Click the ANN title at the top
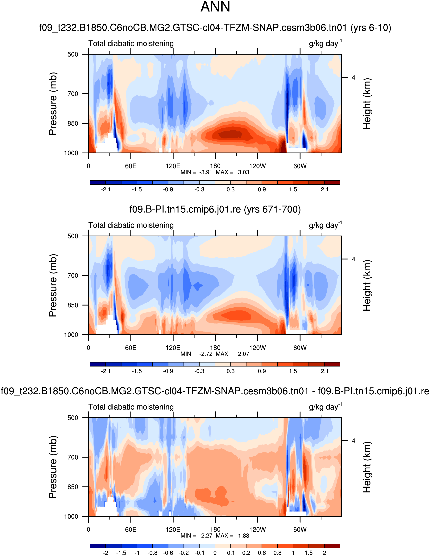click(215, 7)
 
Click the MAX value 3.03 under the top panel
click(243, 172)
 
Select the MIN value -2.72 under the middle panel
click(205, 354)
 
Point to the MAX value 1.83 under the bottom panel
click(243, 536)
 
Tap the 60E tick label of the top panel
click(131, 166)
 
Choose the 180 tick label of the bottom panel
click(215, 529)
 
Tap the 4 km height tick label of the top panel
click(353, 77)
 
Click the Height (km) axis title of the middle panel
click(367, 285)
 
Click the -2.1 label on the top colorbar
click(106, 189)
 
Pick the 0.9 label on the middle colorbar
click(262, 371)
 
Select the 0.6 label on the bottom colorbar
click(262, 553)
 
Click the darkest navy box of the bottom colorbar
click(98, 546)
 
